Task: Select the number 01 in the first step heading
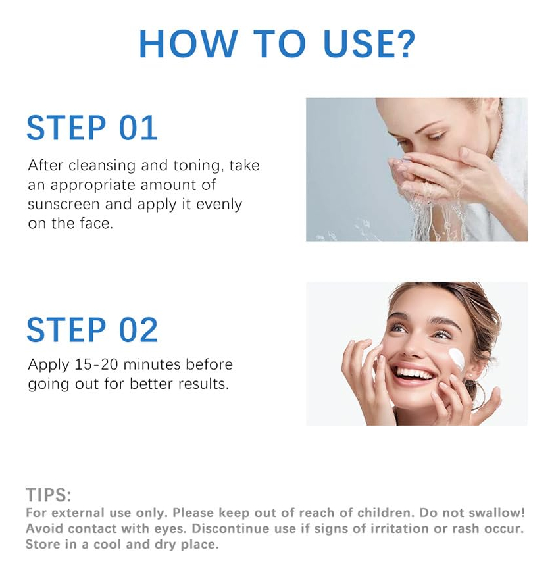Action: [138, 128]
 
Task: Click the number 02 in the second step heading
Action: [138, 330]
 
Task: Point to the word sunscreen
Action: [64, 204]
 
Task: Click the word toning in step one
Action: [199, 166]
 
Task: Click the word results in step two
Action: [203, 384]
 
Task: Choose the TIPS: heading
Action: [49, 495]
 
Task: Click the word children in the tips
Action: [386, 513]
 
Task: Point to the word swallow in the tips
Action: [498, 513]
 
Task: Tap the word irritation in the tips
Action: [397, 528]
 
